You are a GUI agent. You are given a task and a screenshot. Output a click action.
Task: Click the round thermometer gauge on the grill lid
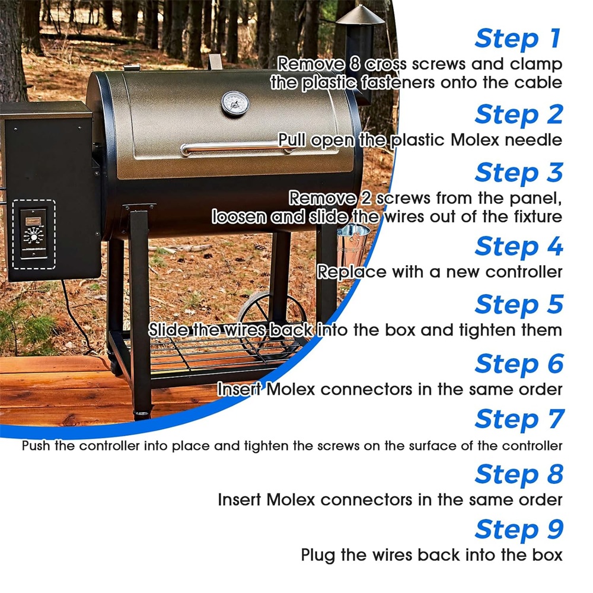pos(235,103)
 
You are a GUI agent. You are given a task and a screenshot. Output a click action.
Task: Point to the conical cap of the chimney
pos(360,16)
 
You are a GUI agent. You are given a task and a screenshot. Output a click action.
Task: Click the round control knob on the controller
pos(34,237)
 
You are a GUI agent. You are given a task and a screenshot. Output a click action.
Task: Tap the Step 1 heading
pos(518,39)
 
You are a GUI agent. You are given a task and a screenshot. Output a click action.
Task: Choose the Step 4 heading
pos(518,246)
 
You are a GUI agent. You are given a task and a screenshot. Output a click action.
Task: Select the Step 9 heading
pos(518,529)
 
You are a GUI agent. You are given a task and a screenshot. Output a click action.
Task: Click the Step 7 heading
pos(519,419)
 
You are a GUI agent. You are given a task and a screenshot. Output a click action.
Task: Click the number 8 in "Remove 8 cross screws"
pos(355,64)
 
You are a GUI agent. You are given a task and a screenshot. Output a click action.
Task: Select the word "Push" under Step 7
pos(36,446)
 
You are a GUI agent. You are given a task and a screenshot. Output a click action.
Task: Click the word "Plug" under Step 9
pos(318,556)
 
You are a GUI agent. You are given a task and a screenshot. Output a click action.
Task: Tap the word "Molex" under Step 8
pos(291,500)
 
